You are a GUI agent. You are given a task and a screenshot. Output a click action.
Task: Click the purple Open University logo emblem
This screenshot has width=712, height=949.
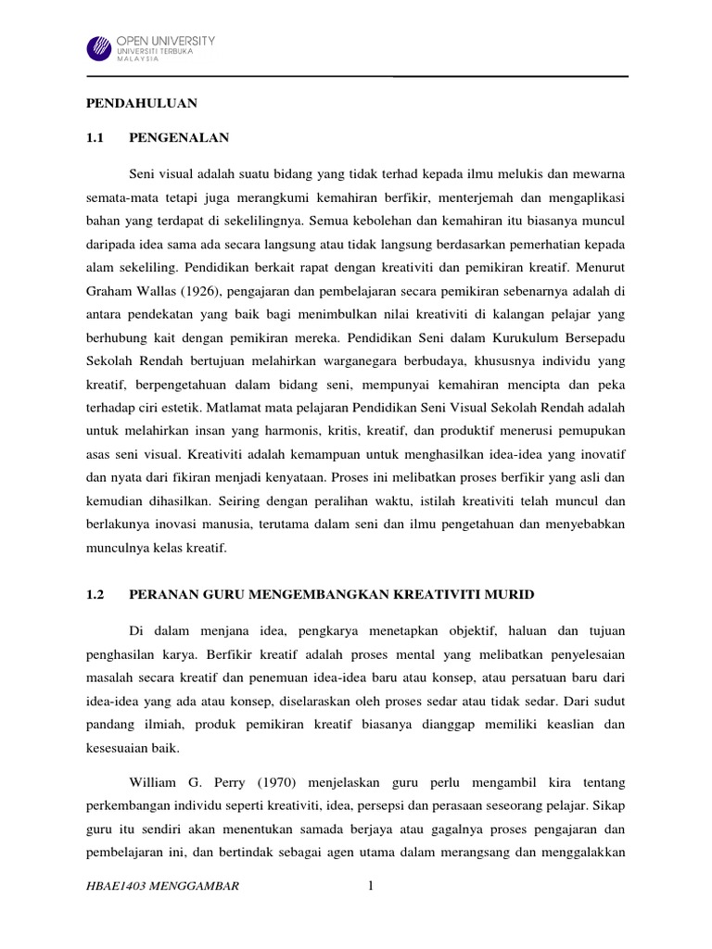[x=99, y=49]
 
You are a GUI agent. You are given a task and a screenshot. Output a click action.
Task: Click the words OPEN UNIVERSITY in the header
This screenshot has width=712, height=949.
[x=165, y=41]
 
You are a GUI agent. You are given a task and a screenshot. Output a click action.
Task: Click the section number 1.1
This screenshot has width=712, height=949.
[x=95, y=138]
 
